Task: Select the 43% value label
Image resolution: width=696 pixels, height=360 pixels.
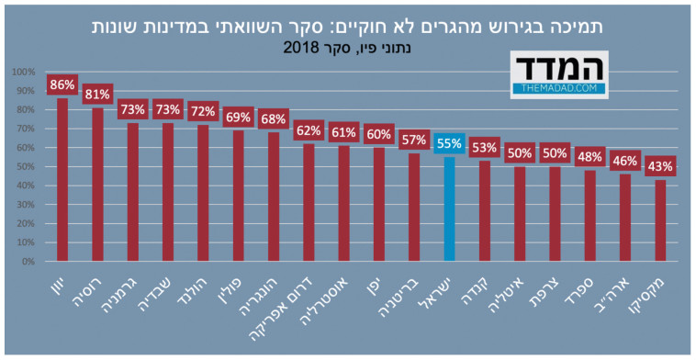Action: [x=660, y=167]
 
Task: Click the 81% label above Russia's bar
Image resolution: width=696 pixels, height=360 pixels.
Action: [x=97, y=95]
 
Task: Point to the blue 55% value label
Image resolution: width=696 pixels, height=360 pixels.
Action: [x=449, y=144]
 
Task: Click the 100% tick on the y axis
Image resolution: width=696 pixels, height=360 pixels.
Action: [x=24, y=72]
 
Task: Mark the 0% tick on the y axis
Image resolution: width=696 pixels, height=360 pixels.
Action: [x=28, y=261]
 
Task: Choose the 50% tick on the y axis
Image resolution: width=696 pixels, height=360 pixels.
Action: [x=26, y=166]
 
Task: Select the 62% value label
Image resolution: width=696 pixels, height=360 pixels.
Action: [x=309, y=130]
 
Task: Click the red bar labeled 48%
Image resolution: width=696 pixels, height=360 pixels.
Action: [x=589, y=216]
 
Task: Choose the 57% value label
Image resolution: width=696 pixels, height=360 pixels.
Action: [x=414, y=141]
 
